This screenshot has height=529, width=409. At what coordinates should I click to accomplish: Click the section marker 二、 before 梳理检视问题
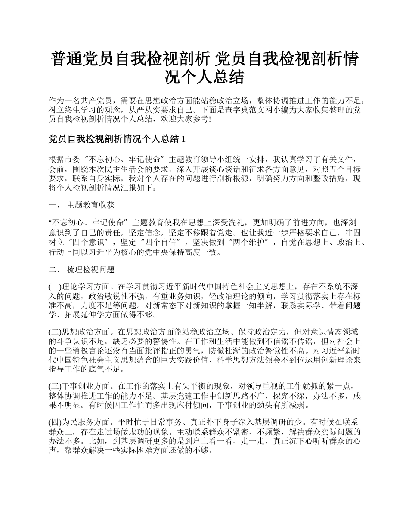tap(55, 270)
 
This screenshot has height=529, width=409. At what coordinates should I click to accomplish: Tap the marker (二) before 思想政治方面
tap(56, 332)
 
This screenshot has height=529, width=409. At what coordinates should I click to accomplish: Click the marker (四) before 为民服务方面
tap(56, 423)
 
